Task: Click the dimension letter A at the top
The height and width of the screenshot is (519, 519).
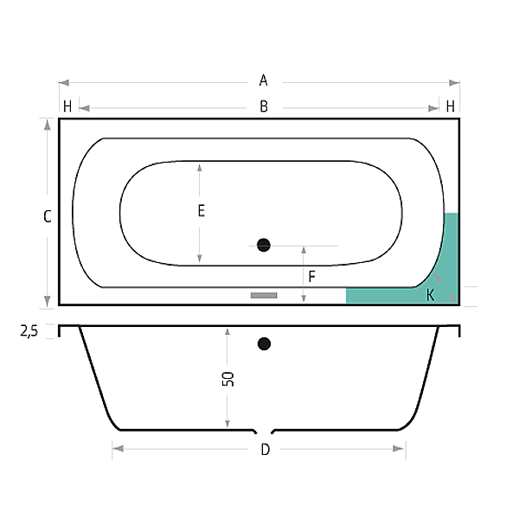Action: click(x=263, y=80)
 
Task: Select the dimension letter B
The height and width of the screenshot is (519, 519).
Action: click(x=264, y=106)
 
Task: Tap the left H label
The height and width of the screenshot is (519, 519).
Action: click(x=67, y=106)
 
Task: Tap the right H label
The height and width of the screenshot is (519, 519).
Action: click(x=450, y=106)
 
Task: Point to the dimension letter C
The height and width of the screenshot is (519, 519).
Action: click(x=48, y=216)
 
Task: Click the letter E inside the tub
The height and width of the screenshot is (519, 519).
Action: click(x=202, y=211)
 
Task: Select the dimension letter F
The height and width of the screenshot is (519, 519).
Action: click(x=311, y=277)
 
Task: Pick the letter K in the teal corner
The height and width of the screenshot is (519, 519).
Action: click(x=430, y=295)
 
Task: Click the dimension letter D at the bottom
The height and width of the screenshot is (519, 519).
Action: click(x=266, y=450)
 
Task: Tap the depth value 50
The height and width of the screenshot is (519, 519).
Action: click(x=228, y=379)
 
